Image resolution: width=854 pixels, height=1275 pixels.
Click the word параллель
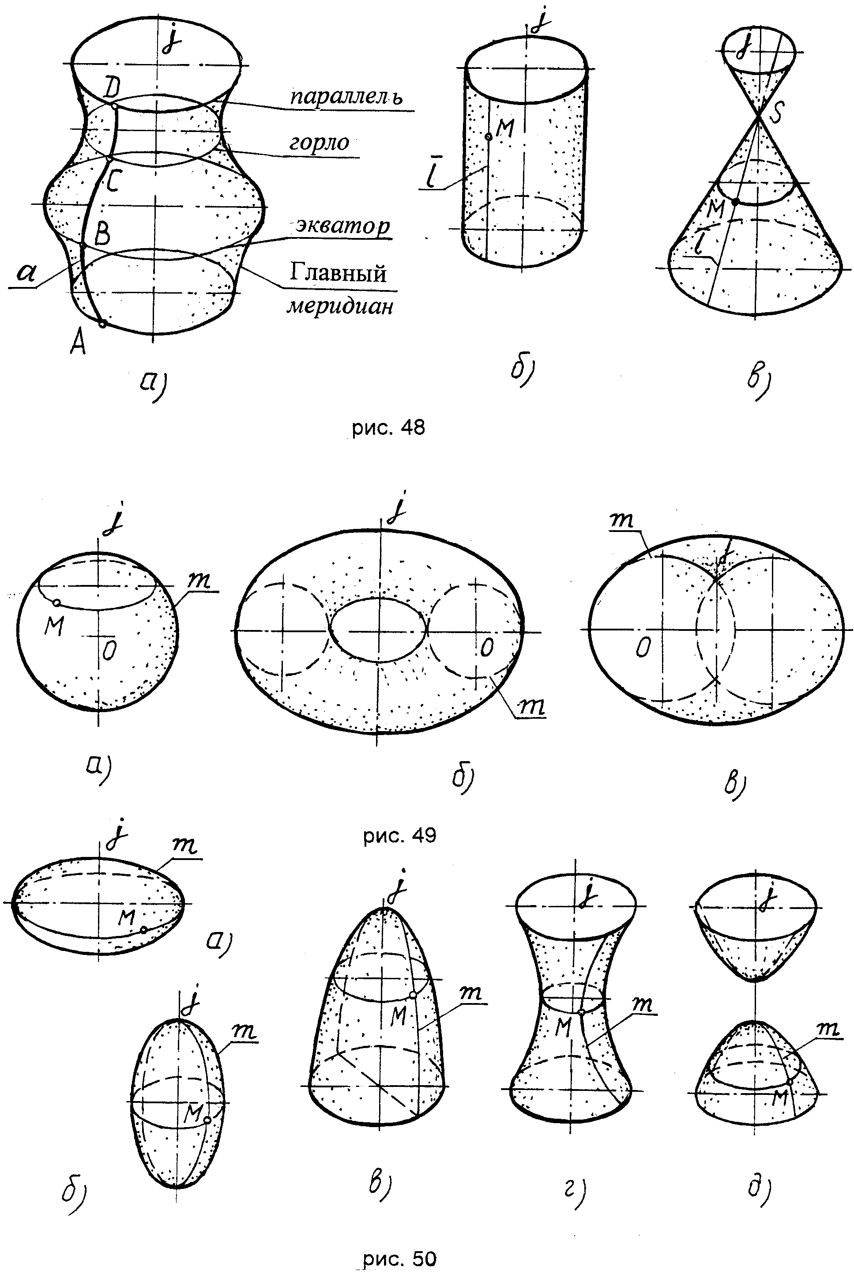[346, 97]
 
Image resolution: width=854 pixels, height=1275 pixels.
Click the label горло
[319, 143]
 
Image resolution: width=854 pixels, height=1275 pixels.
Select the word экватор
[343, 226]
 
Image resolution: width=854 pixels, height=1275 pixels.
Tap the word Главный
[338, 272]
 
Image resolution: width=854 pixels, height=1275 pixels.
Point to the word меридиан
[340, 307]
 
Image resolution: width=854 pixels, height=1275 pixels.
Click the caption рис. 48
[388, 428]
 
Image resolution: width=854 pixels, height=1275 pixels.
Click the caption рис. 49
[400, 835]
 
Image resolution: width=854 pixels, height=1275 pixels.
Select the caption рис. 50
[400, 1259]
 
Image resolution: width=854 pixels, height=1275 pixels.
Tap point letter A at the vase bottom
[78, 343]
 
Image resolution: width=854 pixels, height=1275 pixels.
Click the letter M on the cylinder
[505, 128]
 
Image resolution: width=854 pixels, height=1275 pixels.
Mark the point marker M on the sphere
[56, 603]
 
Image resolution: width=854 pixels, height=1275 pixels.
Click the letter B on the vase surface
[102, 235]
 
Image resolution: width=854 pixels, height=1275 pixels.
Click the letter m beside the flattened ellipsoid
[184, 845]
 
